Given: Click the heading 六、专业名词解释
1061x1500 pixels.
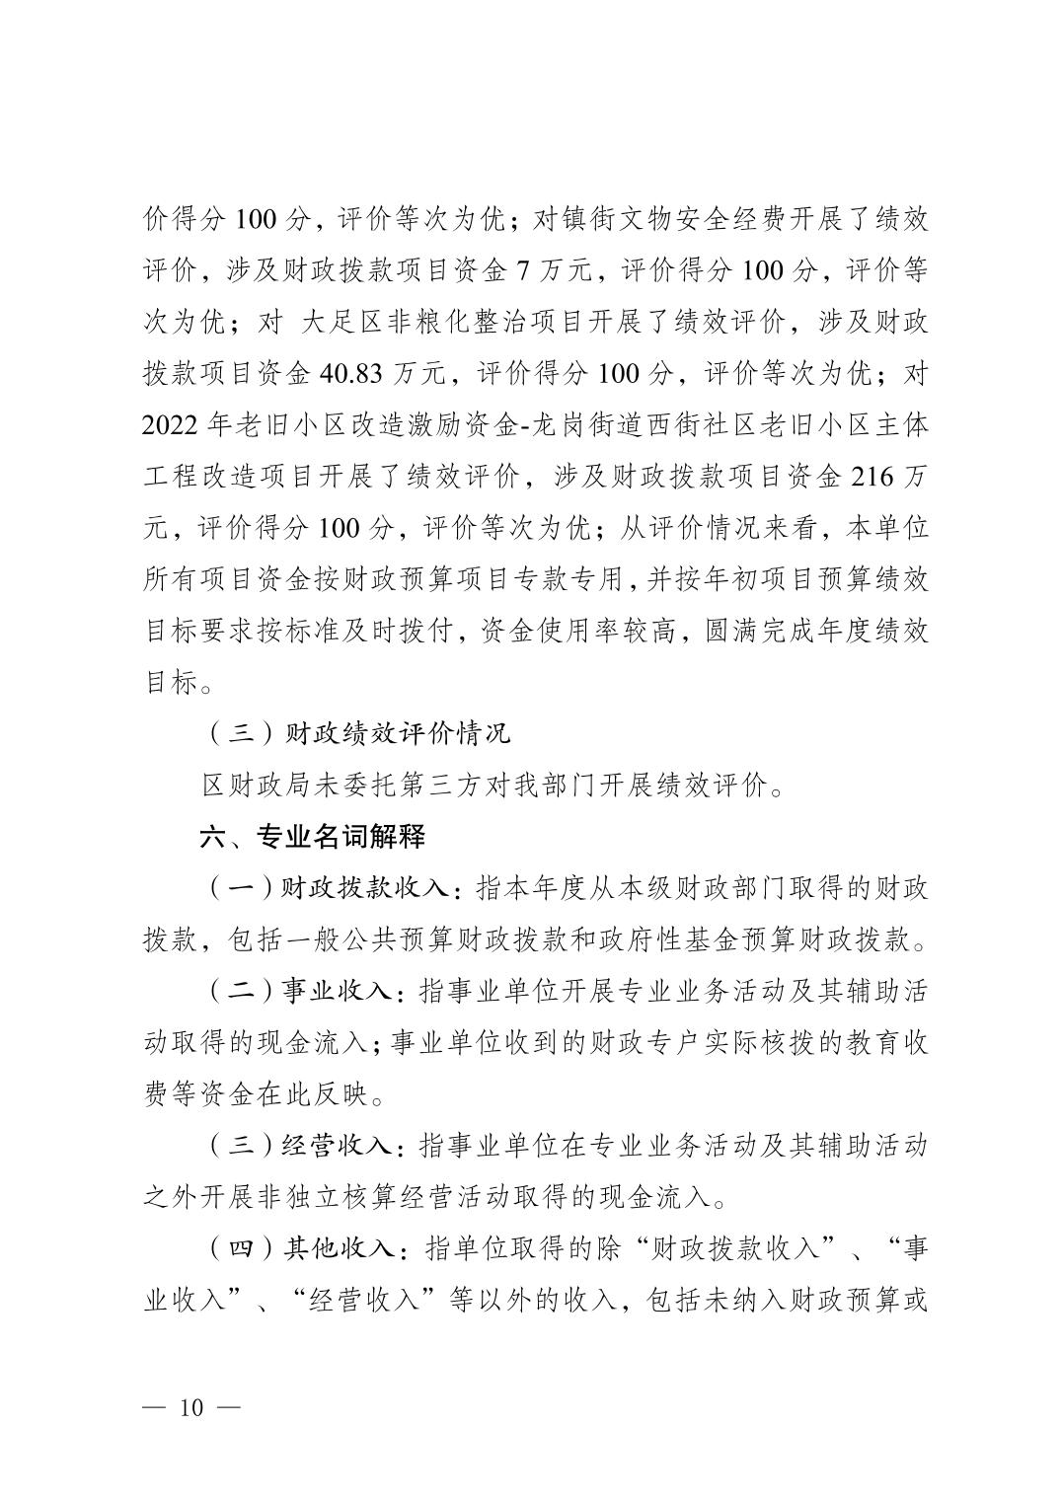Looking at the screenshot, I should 312,838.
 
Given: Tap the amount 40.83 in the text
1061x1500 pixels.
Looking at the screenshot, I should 352,373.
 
